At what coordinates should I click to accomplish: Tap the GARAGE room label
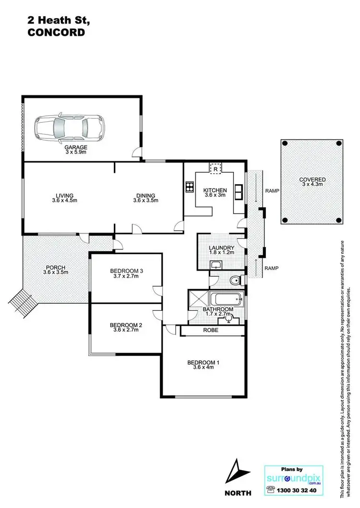(x=76, y=148)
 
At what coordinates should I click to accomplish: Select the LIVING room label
(x=64, y=195)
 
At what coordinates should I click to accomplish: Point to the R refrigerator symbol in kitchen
(x=216, y=169)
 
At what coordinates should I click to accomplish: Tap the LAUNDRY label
(x=221, y=248)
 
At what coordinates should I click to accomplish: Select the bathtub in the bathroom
(x=227, y=299)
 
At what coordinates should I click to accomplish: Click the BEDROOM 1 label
(x=203, y=362)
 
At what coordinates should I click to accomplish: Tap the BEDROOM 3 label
(x=125, y=271)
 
